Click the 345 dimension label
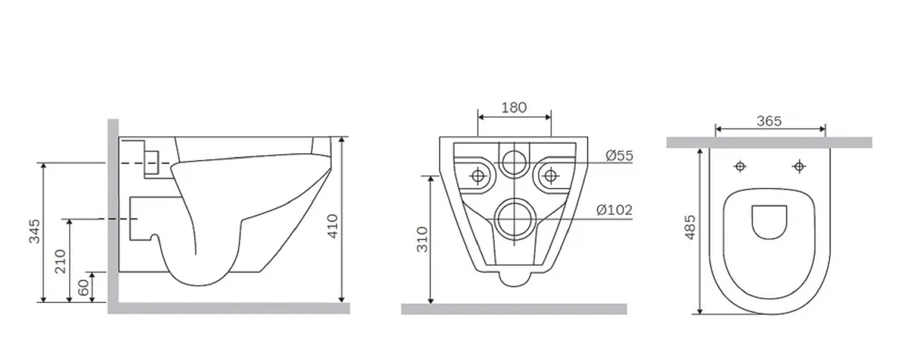(x=35, y=231)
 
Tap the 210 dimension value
(x=60, y=261)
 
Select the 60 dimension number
(x=84, y=288)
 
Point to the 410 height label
(x=332, y=226)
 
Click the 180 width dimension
(x=514, y=108)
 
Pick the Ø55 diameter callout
(x=619, y=156)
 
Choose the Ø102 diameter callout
(x=614, y=210)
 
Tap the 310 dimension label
(x=422, y=239)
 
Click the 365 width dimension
(x=769, y=121)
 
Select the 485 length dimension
(x=689, y=227)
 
